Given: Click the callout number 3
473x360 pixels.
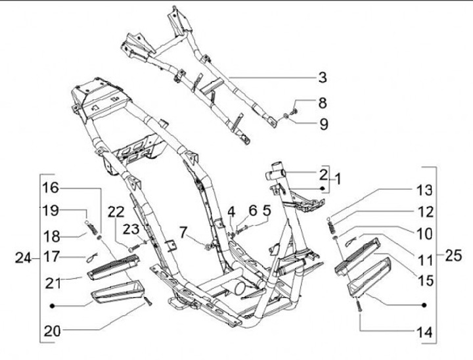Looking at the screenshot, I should (322, 78).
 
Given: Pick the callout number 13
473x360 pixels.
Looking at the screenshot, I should (424, 191).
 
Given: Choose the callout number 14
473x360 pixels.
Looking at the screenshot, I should (424, 332).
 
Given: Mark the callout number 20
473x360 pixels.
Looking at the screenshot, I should (53, 331).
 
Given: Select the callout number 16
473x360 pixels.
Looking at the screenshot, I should (51, 188).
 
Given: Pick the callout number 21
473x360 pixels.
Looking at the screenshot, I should (53, 282).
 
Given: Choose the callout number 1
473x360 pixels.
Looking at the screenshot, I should (338, 178).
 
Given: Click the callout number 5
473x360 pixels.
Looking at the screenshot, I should (266, 211).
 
